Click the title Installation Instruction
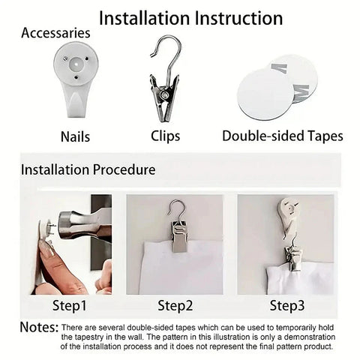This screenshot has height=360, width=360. (190, 18)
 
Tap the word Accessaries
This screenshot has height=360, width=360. (55, 33)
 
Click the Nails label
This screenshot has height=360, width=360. (75, 136)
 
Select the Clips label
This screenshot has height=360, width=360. (165, 136)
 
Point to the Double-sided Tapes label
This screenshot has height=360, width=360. (283, 136)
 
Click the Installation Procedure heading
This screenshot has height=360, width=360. (88, 169)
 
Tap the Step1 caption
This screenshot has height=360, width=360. (70, 306)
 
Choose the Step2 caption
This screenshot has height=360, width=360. (175, 306)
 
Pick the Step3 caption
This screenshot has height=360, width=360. (287, 306)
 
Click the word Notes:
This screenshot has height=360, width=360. (39, 327)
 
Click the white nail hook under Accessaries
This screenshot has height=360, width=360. (76, 80)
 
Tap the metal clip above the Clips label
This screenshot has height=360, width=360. (165, 80)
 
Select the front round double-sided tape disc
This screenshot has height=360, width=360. (265, 94)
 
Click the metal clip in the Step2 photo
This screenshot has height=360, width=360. (179, 236)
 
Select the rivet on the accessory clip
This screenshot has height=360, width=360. (164, 94)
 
